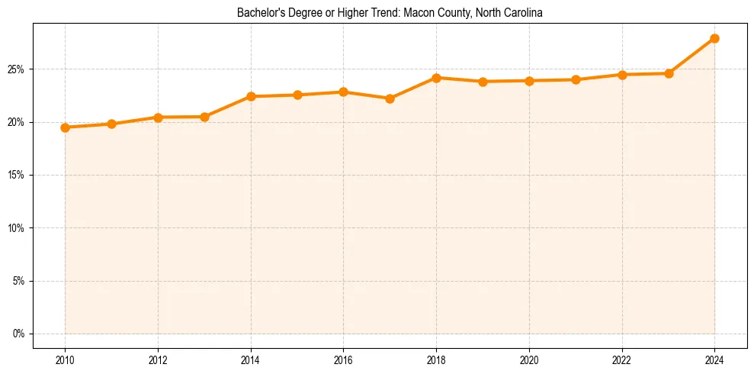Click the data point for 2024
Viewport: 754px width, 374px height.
714,38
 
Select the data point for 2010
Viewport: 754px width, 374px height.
65,127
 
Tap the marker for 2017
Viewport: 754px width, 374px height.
390,98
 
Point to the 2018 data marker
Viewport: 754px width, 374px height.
436,78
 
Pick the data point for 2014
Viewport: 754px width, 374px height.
251,96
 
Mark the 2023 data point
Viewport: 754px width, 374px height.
669,73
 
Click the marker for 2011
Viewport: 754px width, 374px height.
111,124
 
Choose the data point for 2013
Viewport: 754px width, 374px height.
204,117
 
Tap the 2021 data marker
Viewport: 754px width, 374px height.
576,79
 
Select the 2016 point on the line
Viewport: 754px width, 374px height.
343,92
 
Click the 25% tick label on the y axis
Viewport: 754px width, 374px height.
17,69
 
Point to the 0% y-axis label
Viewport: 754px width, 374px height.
19,334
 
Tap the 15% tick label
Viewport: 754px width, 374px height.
17,175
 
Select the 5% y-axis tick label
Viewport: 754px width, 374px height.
19,281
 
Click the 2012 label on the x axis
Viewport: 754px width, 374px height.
158,359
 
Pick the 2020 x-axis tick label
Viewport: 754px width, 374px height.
529,359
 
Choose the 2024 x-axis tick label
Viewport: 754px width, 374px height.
714,359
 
